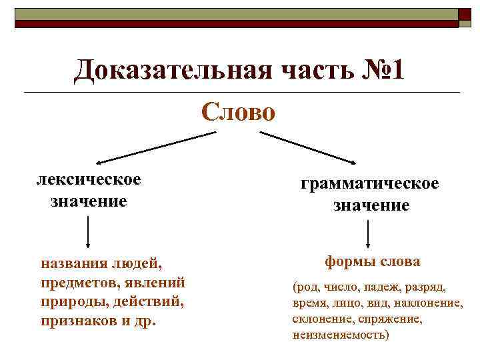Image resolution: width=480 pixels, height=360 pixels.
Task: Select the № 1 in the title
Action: (381, 71)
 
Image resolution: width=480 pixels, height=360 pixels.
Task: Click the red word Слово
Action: (238, 111)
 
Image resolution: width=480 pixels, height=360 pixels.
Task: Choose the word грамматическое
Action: (370, 183)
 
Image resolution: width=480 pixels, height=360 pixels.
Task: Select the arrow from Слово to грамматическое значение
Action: (308, 147)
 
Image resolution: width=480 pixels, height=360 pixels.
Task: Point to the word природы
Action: (69, 301)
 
